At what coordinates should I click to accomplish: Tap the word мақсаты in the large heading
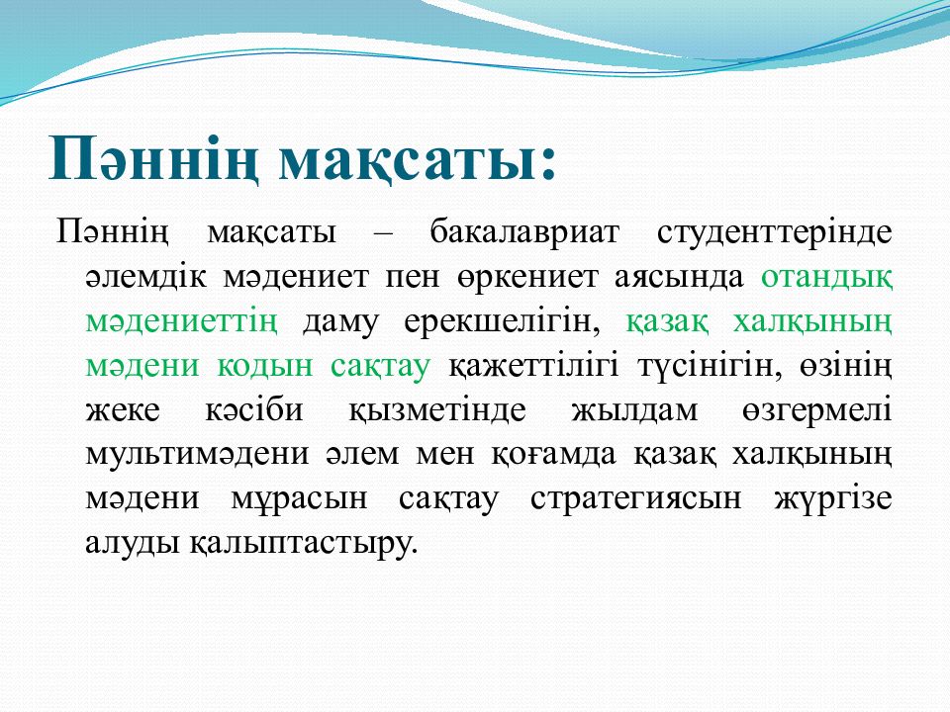tap(403, 160)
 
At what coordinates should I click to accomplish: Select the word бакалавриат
tap(524, 231)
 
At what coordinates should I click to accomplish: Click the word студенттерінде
tap(774, 231)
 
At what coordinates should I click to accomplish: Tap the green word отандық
tap(826, 277)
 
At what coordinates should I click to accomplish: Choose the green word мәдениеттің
tap(182, 321)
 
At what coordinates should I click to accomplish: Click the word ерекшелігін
tap(502, 321)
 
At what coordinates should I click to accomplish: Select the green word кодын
tap(265, 366)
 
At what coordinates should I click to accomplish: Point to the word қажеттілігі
tap(533, 366)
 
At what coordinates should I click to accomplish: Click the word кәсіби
tap(254, 409)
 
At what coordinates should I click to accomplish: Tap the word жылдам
tap(634, 409)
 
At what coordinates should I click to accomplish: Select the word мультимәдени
tap(198, 454)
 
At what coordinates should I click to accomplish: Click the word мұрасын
tap(299, 498)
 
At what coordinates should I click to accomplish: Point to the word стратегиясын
tap(636, 498)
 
